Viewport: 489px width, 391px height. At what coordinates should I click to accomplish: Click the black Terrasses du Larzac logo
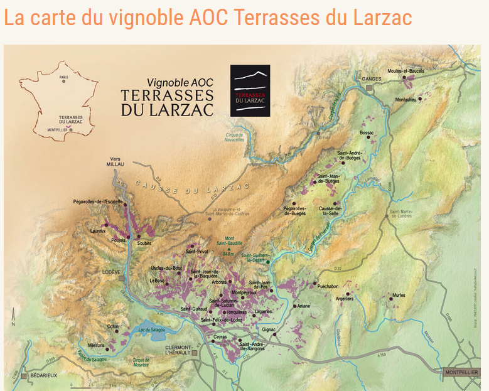(x=250, y=90)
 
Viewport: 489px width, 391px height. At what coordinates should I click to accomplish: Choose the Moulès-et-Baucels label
(x=406, y=71)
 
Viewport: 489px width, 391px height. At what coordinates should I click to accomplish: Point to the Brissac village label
(x=367, y=133)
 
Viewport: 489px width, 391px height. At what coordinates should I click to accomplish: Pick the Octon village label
(x=113, y=326)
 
